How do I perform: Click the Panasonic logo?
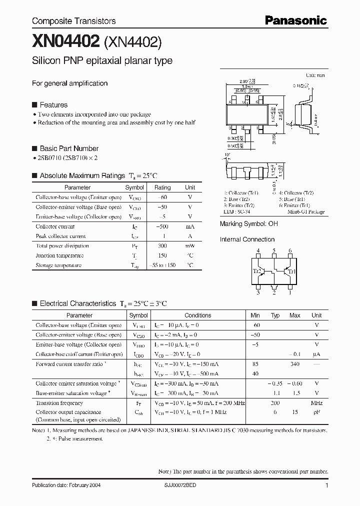[295, 20]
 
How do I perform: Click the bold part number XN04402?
[66, 42]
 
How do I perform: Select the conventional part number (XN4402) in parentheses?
[133, 42]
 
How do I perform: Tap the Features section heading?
[53, 105]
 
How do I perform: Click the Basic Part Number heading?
[68, 148]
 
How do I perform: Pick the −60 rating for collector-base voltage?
[162, 197]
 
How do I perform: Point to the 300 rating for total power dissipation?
[162, 246]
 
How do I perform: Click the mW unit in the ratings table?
[190, 246]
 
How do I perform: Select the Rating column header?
[162, 187]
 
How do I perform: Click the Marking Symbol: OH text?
[248, 224]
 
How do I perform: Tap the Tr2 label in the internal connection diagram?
[257, 271]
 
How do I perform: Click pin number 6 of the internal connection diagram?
[290, 251]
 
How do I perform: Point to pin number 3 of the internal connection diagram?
[258, 293]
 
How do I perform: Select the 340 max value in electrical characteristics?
[295, 364]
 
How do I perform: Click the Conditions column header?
[197, 315]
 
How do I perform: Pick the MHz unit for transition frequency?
[316, 403]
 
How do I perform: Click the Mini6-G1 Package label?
[305, 212]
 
